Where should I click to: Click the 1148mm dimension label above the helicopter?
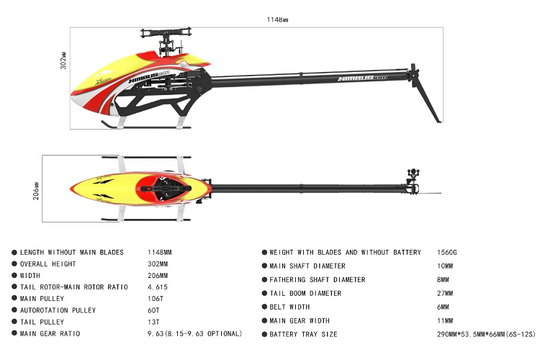277,19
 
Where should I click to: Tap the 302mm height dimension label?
63,60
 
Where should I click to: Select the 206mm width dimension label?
36,191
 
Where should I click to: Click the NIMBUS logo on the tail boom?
362,78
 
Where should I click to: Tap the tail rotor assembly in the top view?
413,181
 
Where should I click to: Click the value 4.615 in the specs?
158,287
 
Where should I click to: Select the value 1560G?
447,253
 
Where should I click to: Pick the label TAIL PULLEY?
42,322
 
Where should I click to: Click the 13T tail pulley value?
153,322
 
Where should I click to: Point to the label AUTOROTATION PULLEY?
58,310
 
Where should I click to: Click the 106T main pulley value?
156,299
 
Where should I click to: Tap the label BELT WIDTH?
289,307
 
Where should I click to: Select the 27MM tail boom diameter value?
445,294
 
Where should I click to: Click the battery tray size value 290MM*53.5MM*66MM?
471,334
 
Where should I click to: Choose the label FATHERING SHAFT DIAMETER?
318,280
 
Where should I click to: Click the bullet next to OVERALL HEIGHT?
14,264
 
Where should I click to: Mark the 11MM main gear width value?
445,320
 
